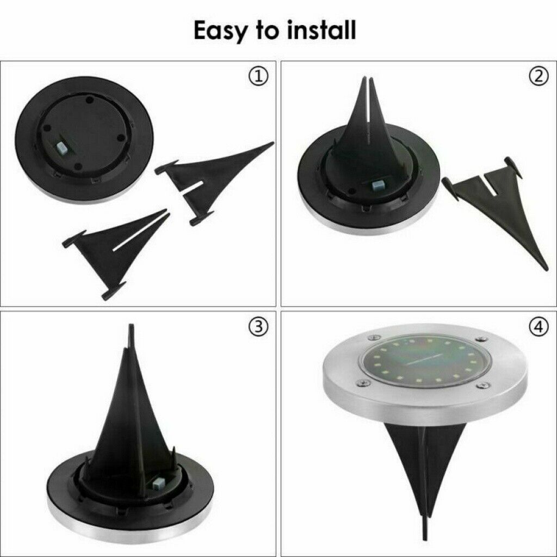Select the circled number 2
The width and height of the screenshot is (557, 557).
click(x=539, y=77)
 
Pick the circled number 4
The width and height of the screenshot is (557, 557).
click(x=539, y=327)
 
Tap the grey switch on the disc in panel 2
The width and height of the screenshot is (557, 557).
click(x=377, y=185)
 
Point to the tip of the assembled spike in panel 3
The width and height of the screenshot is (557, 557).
click(x=131, y=325)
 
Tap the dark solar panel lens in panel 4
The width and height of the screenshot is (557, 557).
click(x=425, y=361)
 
